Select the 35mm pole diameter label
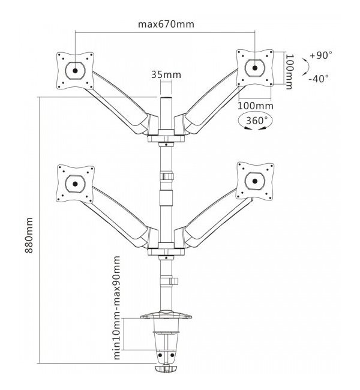pos(165,75)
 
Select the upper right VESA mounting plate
pos(256,67)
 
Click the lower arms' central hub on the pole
pos(164,250)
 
